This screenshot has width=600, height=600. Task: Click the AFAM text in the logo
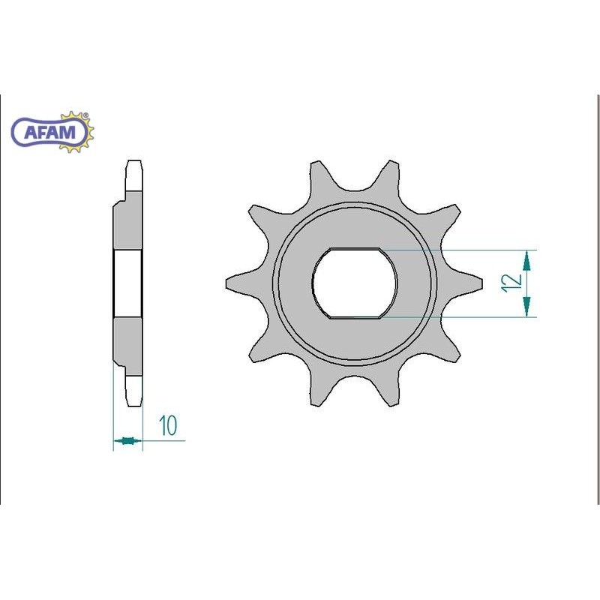[x=49, y=133]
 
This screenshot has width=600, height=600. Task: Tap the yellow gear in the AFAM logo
[x=78, y=132]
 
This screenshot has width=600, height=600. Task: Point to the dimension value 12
[x=513, y=283]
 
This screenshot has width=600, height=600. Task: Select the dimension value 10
[x=168, y=425]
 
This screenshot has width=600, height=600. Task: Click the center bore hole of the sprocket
[x=354, y=283]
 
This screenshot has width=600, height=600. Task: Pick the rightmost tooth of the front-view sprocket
[x=464, y=283]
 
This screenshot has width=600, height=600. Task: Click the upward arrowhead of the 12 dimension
[x=527, y=260]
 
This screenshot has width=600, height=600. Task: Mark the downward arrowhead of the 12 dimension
[x=527, y=307]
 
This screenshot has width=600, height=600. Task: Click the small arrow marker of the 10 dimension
[x=127, y=440]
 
